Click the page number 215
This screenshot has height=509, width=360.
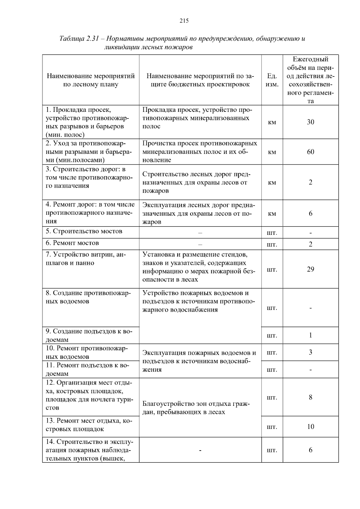tap(184, 21)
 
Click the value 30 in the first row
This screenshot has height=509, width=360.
tap(310, 122)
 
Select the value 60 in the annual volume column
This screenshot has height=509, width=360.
tap(310, 152)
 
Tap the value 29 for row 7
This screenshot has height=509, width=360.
tap(310, 269)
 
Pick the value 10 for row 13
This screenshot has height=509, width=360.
tap(310, 427)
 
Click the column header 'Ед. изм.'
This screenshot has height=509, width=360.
tap(272, 80)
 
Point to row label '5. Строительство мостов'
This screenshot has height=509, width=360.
tap(84, 231)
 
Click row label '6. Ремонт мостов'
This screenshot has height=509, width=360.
tap(72, 243)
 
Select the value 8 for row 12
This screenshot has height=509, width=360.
tap(310, 397)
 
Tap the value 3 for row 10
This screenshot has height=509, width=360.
tap(310, 352)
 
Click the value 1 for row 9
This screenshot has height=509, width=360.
tap(310, 335)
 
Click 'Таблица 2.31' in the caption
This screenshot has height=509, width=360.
tap(79, 39)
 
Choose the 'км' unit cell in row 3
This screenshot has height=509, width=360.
tap(272, 183)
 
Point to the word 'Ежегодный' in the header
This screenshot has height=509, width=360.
tap(310, 59)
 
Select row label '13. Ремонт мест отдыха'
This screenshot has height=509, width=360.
tap(89, 425)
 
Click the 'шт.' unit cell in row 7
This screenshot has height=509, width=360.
tap(272, 270)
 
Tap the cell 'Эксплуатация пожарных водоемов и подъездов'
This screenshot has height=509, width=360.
tap(199, 361)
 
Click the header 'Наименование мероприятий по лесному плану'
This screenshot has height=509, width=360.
tap(91, 80)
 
